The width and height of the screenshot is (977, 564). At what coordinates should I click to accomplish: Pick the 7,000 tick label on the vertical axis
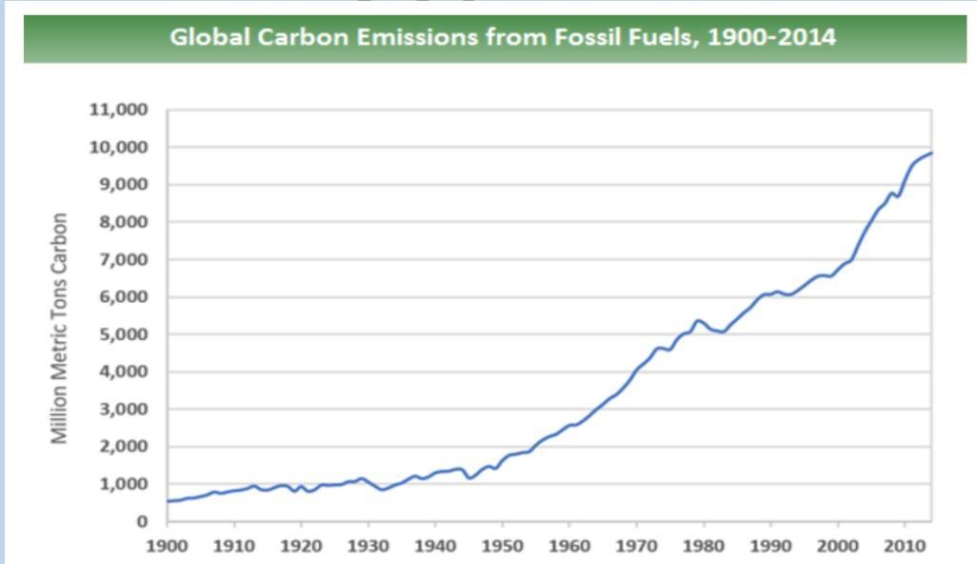(x=126, y=259)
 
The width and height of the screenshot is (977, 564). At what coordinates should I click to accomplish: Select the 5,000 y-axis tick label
(x=126, y=334)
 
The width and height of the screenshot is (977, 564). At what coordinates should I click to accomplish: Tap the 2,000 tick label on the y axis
(x=126, y=447)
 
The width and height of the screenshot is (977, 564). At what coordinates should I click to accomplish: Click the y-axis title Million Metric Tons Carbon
(x=59, y=327)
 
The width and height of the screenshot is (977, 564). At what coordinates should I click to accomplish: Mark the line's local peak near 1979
(x=698, y=320)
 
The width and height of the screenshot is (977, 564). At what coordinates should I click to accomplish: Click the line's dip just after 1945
(x=469, y=477)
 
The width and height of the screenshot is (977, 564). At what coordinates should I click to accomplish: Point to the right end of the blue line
(x=931, y=152)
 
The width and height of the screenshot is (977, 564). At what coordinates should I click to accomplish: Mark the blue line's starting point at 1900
(x=168, y=501)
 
